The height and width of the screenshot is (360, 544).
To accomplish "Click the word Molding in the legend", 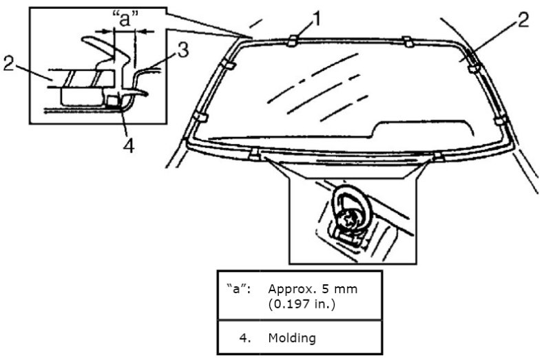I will pyautogui.click(x=286, y=339).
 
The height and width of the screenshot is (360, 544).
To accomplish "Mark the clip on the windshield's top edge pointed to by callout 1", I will pyautogui.click(x=293, y=41).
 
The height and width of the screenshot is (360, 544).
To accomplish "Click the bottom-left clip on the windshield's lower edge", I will pyautogui.click(x=256, y=153).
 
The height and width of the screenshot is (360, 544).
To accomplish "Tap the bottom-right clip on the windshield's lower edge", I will pyautogui.click(x=438, y=156).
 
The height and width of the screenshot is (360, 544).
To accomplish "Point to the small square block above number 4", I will pyautogui.click(x=112, y=101).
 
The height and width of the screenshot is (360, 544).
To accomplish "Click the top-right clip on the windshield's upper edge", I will pyautogui.click(x=407, y=42).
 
